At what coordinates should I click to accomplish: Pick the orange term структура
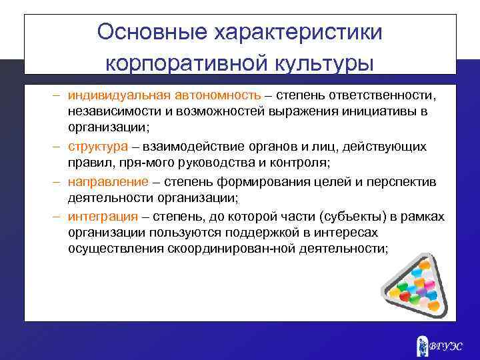tap(99, 146)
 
